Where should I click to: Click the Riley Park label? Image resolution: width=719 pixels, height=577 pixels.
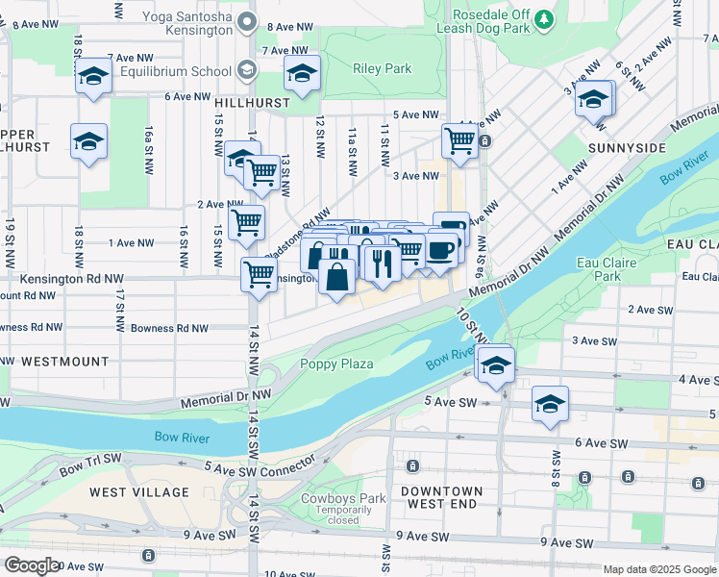pos(383,68)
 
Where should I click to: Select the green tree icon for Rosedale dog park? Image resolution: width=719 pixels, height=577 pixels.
pos(545,19)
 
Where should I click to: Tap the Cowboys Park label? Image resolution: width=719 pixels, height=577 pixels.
pos(342,498)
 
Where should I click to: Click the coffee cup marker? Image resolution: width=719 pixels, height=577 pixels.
pos(441,250)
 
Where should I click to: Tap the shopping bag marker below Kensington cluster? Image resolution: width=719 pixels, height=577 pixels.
pos(336,277)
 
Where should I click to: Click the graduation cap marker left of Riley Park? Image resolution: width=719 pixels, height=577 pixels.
pos(302,74)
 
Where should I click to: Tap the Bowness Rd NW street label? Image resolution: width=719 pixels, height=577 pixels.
pos(169,328)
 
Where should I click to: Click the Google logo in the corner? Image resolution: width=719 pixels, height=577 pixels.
pos(32,565)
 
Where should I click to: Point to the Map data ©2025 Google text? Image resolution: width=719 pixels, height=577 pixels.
pos(657,569)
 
